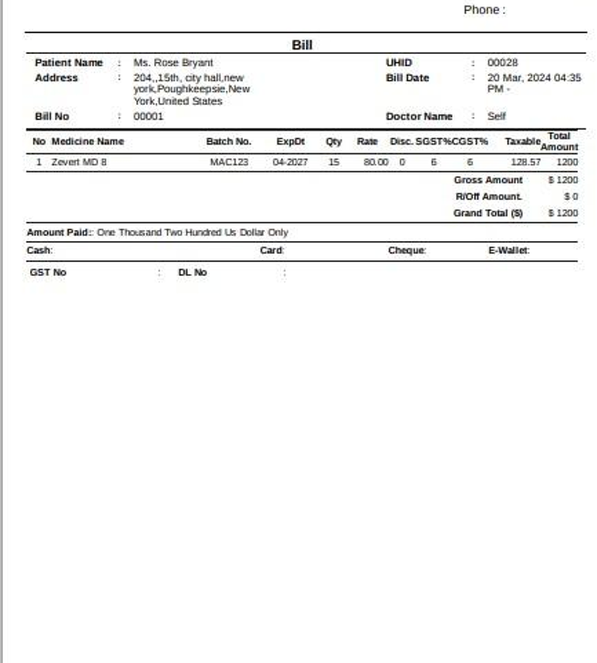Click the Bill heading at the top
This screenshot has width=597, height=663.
(302, 45)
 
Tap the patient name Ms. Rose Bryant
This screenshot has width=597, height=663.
(173, 63)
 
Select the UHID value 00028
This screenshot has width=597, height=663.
(502, 63)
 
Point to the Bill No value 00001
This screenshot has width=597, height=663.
(149, 117)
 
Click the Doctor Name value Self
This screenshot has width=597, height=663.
(497, 117)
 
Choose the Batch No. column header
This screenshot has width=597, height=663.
(228, 142)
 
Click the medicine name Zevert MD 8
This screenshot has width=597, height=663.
(79, 163)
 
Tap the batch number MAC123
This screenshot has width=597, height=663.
(228, 163)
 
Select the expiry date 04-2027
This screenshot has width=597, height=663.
(290, 163)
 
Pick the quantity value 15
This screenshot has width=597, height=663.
(334, 163)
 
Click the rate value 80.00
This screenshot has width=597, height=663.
(375, 163)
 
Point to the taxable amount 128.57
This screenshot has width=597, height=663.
(525, 163)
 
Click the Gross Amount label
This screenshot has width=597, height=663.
(488, 181)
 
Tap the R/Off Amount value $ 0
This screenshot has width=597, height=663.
(571, 197)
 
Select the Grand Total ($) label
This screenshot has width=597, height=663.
(488, 214)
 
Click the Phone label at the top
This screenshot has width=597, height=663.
(484, 10)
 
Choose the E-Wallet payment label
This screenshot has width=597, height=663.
(508, 250)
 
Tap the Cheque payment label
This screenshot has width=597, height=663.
(406, 250)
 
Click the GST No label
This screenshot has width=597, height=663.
(48, 272)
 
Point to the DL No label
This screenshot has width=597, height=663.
(193, 272)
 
